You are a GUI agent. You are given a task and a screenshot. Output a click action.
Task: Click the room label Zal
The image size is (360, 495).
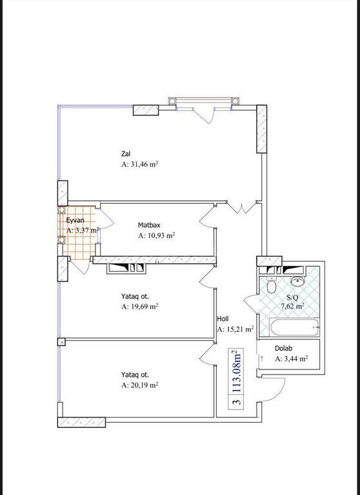[126, 154]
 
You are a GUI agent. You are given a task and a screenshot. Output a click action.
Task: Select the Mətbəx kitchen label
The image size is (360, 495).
[149, 225]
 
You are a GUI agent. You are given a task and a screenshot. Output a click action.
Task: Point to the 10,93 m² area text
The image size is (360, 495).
[161, 235]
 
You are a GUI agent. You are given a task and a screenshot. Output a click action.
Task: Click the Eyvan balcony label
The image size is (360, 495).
[75, 220]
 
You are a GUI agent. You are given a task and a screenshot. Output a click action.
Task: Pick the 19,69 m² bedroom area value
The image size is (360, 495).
[145, 307]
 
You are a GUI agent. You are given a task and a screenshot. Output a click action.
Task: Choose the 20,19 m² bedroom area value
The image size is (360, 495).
[145, 385]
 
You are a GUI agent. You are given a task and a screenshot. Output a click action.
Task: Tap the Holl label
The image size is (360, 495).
[223, 319]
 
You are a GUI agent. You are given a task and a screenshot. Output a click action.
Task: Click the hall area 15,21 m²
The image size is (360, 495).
[240, 329]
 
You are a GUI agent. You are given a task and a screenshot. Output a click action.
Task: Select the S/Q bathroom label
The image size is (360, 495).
[292, 297]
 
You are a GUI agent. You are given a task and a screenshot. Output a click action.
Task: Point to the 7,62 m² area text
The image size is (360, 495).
[293, 306]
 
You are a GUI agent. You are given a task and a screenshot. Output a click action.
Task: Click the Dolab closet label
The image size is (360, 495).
[283, 349]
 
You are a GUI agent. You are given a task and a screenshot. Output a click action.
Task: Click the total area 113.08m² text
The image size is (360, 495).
[237, 371]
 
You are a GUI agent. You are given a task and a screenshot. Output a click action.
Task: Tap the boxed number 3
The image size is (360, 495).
[237, 402]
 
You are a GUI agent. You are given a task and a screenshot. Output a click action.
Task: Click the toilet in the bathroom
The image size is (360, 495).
[271, 286]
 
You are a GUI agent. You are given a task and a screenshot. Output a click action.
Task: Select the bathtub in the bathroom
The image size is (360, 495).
[295, 327]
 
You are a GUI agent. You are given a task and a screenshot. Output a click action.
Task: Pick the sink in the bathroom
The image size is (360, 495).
[297, 281]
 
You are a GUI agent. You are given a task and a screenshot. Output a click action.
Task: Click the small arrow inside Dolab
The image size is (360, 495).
[262, 358]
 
